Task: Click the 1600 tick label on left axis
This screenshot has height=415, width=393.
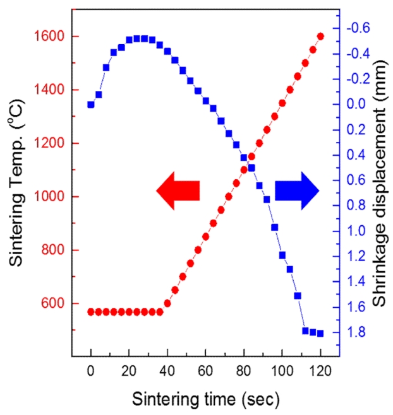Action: coord(49,37)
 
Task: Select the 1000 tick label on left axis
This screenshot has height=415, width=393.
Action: coord(49,197)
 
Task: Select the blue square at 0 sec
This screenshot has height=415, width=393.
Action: coord(91,105)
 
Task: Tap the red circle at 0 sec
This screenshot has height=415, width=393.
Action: coord(91,312)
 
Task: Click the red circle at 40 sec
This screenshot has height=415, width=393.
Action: coord(167,303)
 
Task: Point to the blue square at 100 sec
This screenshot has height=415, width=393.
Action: coord(282,255)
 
